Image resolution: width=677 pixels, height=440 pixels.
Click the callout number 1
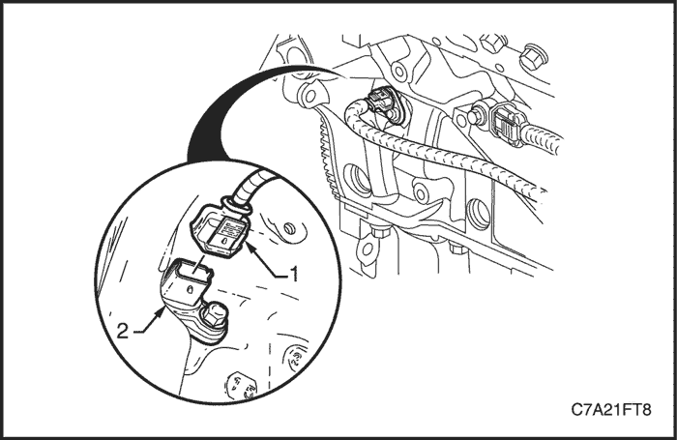coord(294,275)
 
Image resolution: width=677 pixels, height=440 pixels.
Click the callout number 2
coord(123,331)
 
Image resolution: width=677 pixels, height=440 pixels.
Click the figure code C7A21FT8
coord(611,409)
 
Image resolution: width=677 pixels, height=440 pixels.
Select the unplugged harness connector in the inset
coord(219,232)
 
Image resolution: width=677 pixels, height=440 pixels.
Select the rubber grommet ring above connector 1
coord(236,206)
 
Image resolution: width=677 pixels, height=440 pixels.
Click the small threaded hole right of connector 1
coord(289,228)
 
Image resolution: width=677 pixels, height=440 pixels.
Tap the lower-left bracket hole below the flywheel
coord(368,249)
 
